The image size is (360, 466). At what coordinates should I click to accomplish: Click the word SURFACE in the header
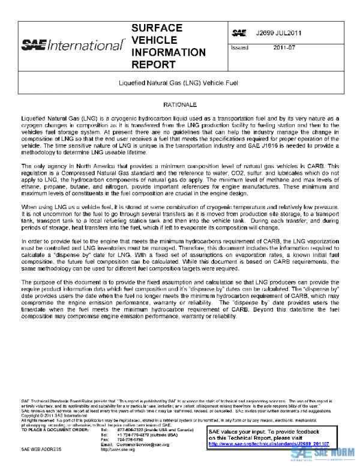[157, 28]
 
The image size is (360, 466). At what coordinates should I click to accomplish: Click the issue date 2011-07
[283, 47]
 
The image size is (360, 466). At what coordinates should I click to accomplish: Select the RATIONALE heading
[180, 104]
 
